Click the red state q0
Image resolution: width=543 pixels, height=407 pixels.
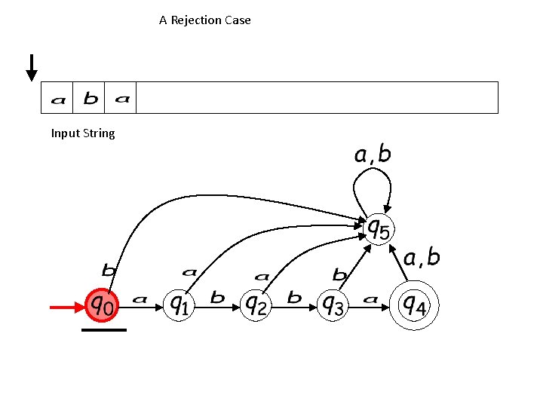[104, 304]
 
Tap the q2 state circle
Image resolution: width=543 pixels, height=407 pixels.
[256, 304]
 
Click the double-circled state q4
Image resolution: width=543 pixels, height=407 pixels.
[414, 304]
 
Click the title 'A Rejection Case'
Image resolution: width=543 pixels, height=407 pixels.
[205, 20]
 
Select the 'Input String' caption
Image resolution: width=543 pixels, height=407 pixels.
[83, 133]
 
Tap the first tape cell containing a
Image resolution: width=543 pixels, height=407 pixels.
[57, 98]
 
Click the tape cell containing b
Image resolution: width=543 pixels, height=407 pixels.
[90, 98]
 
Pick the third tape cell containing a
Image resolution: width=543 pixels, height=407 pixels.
[122, 98]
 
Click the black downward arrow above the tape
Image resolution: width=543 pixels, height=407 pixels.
[32, 67]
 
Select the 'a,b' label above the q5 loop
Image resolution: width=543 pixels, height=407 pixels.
[373, 155]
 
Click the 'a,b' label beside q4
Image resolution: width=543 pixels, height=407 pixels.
[422, 259]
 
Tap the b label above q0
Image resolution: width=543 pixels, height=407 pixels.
[109, 268]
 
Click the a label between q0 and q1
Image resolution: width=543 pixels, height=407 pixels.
[140, 299]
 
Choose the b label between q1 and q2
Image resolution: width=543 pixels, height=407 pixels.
[217, 298]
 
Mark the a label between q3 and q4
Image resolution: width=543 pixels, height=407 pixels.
[370, 299]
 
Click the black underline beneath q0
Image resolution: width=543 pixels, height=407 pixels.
[104, 330]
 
